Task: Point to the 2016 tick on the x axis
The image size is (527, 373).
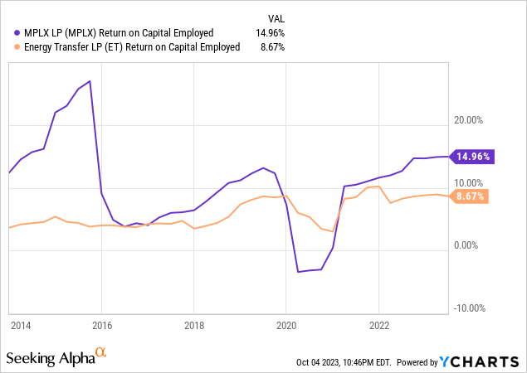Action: [102, 326]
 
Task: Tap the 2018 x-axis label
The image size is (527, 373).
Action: [193, 326]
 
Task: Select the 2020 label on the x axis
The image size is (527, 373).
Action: [285, 326]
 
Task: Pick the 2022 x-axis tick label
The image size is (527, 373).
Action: [378, 326]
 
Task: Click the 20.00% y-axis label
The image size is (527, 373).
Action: [469, 120]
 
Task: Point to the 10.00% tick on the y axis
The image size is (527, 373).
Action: [469, 183]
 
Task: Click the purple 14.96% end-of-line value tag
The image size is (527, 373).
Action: [474, 156]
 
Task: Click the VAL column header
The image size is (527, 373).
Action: [277, 17]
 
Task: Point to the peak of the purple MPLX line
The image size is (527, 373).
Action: [90, 81]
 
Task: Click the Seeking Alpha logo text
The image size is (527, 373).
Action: [50, 358]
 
